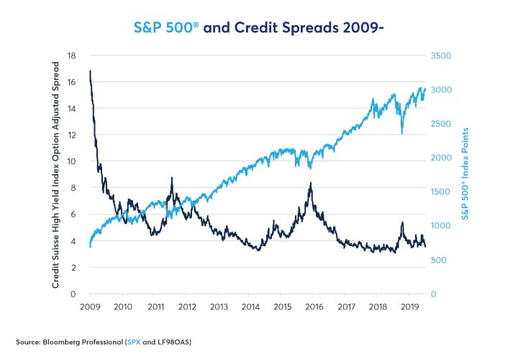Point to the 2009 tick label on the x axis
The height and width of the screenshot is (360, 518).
(90, 307)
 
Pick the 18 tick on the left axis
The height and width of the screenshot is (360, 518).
(71, 55)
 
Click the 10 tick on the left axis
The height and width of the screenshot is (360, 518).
(71, 161)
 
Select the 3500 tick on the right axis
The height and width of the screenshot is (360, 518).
(441, 55)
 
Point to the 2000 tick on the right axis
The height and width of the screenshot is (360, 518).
(441, 158)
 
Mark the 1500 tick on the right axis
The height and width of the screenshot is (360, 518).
(441, 192)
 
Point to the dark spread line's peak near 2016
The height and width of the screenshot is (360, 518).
(310, 184)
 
